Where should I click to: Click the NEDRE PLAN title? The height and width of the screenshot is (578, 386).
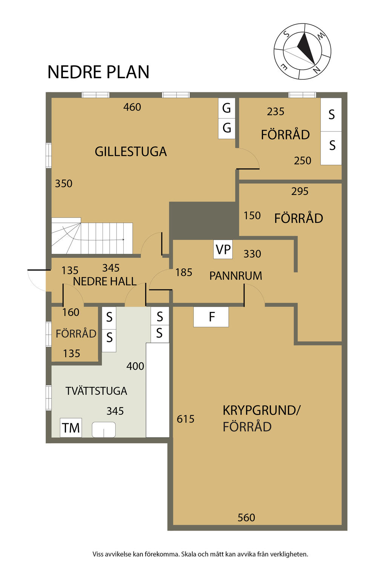click(98, 72)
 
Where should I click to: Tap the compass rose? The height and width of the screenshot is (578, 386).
click(302, 51)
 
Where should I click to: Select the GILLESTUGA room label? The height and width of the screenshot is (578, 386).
click(130, 152)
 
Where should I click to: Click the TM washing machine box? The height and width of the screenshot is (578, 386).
click(71, 428)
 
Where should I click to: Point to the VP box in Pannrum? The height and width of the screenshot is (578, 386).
click(223, 249)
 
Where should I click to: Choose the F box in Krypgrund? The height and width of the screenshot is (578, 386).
click(211, 317)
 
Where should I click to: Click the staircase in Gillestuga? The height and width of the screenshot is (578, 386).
click(92, 236)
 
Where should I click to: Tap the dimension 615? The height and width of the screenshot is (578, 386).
click(185, 419)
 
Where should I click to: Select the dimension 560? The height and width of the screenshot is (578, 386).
click(247, 518)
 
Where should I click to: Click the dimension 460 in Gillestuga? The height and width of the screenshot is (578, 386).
click(132, 107)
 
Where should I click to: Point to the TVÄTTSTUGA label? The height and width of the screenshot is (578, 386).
click(96, 391)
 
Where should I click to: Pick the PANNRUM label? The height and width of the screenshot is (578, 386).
click(236, 276)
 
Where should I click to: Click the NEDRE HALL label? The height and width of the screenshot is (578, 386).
click(105, 281)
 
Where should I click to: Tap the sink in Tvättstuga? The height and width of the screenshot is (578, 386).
click(104, 430)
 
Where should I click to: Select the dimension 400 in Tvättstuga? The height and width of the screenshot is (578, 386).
click(135, 366)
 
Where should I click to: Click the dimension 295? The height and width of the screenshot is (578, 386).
click(300, 191)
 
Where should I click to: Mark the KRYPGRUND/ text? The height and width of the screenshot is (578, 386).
click(261, 411)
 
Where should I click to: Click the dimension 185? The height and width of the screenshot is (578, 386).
click(184, 272)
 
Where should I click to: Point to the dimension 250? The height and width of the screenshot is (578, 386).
click(302, 161)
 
